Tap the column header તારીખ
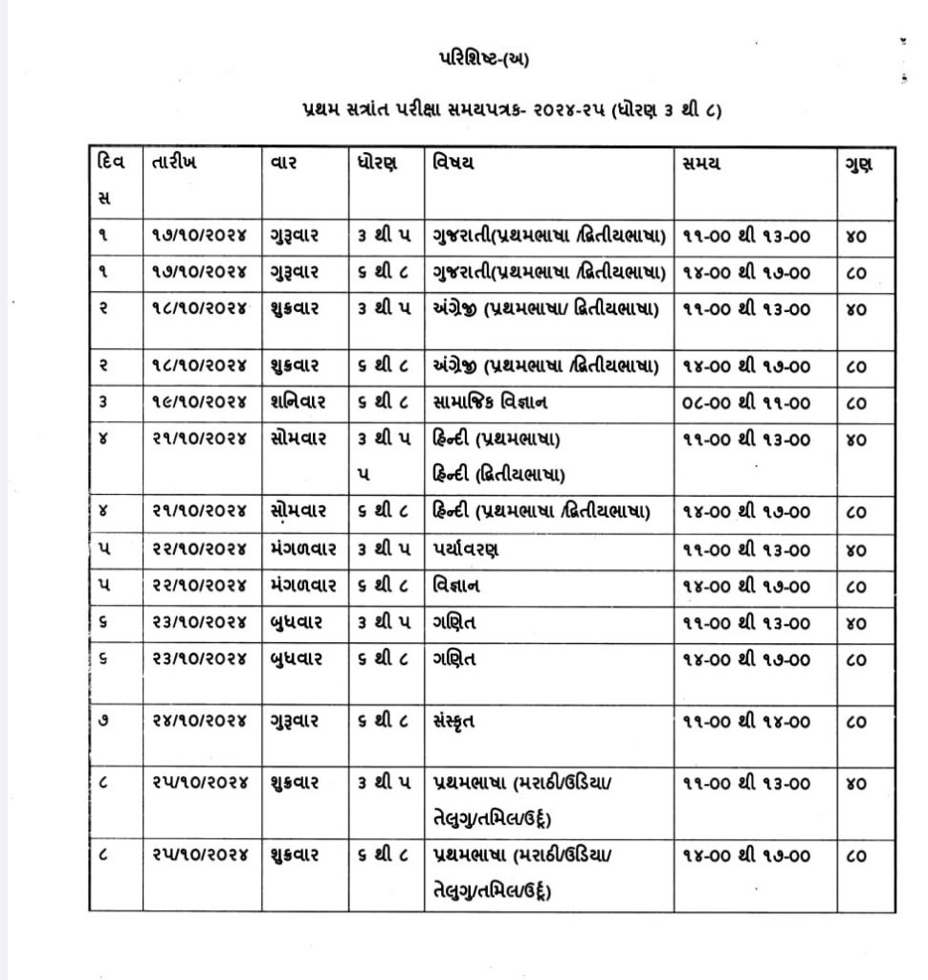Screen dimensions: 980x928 (x=175, y=163)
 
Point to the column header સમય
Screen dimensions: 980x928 (x=702, y=163)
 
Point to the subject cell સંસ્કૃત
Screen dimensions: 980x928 (x=453, y=722)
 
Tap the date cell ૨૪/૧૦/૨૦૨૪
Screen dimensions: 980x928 (x=199, y=722)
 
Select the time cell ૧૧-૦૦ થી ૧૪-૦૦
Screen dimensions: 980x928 (x=746, y=722)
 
